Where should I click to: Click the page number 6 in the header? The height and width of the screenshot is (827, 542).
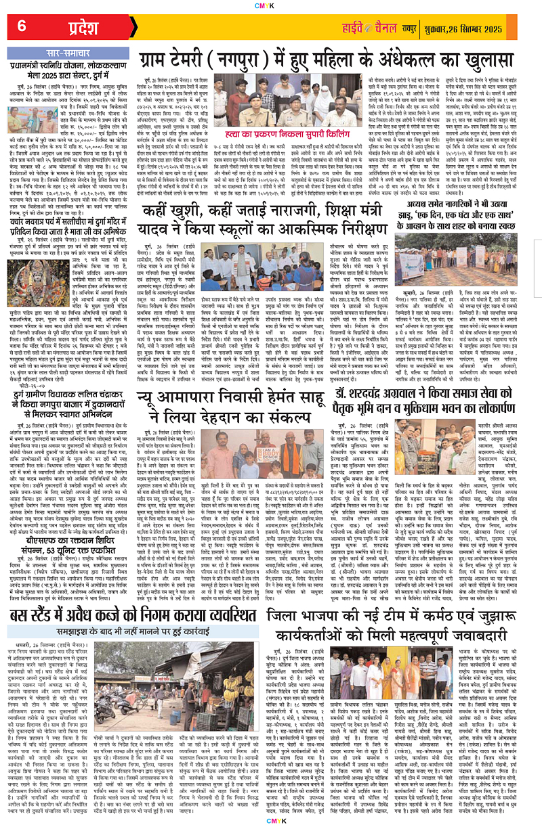(22, 27)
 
